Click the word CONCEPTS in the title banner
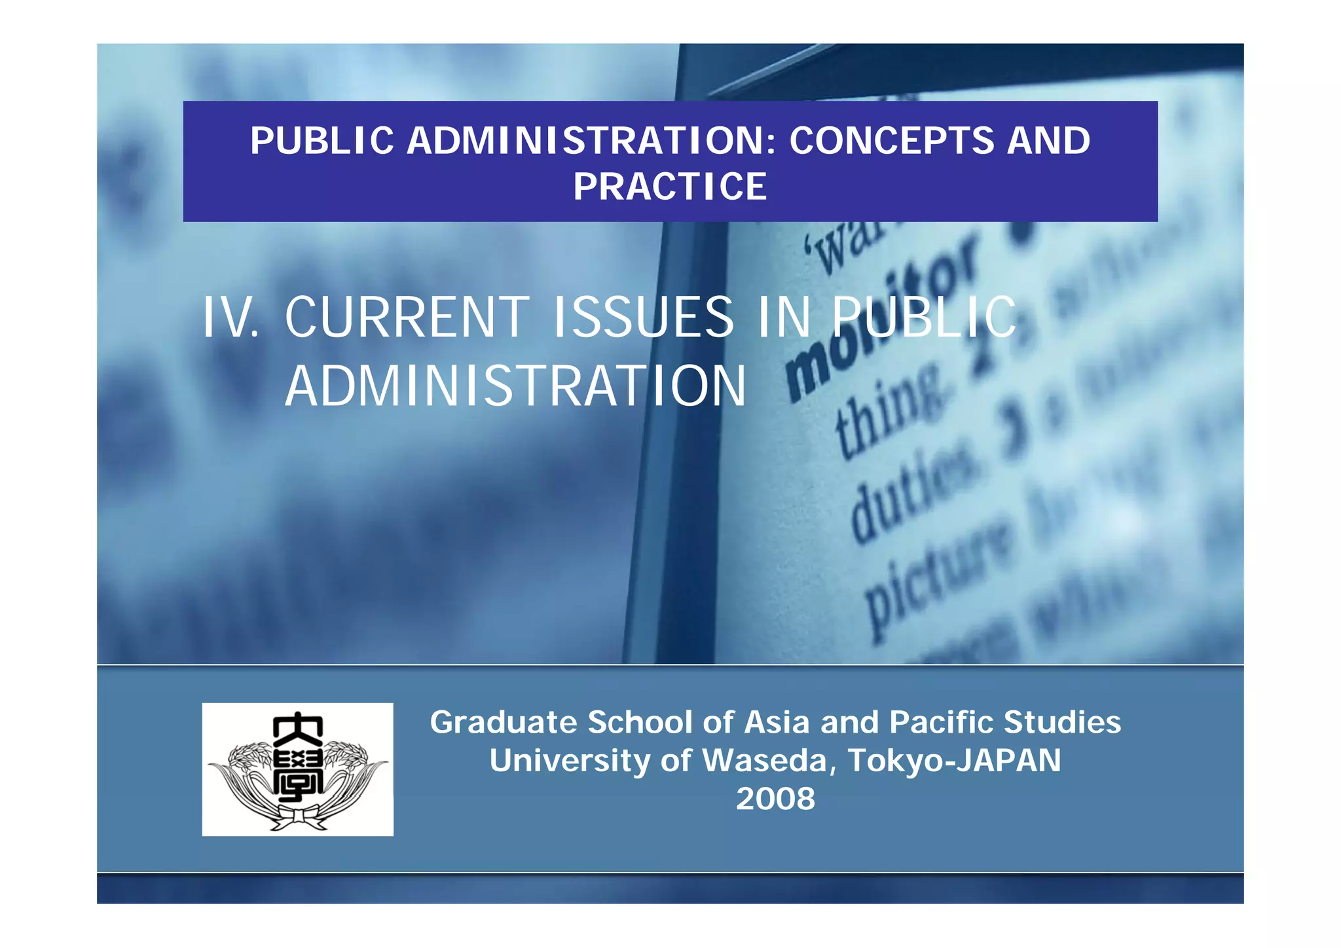coord(891,141)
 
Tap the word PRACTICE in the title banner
coord(670,187)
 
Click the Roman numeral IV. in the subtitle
coord(230,318)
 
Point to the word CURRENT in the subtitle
coord(407,318)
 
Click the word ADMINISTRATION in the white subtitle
coord(515,386)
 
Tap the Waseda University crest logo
coord(297,769)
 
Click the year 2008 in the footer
coord(775,799)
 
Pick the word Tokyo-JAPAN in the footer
coord(954,761)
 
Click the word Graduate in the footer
coord(503,723)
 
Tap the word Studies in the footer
coord(1062,723)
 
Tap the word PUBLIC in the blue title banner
coord(322,141)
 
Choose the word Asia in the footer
coord(778,723)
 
